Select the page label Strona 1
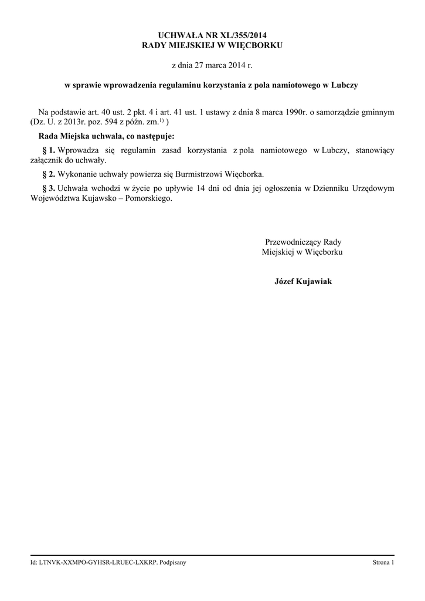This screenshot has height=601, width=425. pos(383,563)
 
